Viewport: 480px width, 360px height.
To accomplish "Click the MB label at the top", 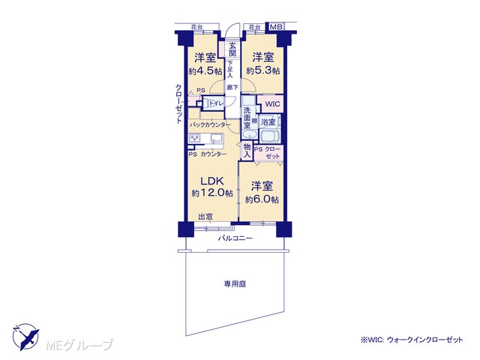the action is (x=276, y=27).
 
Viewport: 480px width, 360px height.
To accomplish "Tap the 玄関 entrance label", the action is (x=232, y=49).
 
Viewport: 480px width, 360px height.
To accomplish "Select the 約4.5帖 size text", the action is (x=205, y=72).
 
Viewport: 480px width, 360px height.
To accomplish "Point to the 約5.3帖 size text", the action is (x=262, y=71).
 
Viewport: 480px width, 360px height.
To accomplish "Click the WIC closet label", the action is (x=272, y=104).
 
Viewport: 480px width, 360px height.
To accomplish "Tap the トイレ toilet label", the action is (x=217, y=103).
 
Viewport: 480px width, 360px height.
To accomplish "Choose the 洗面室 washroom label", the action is (x=247, y=118).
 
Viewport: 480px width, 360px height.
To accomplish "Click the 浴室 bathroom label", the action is (x=268, y=122).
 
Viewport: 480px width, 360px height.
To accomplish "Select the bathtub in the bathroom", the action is (x=270, y=135).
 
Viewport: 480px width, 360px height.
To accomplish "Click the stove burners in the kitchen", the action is (x=195, y=138).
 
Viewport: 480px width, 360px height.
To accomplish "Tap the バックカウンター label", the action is (x=210, y=125).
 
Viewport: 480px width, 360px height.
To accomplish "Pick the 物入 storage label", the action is (x=247, y=151).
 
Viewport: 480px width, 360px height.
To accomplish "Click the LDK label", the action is (x=212, y=181).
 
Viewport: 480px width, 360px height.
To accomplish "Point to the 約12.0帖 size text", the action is (x=212, y=193).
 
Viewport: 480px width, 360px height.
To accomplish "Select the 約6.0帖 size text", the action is (x=262, y=199).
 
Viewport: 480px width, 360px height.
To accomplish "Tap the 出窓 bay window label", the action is (x=205, y=217).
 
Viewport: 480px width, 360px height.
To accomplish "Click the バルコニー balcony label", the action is (x=235, y=238).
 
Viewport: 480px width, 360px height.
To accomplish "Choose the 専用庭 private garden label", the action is (x=235, y=284).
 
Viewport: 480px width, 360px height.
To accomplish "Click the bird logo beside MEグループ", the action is (x=25, y=337).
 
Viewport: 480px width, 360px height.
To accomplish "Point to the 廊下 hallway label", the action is (x=232, y=88).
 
